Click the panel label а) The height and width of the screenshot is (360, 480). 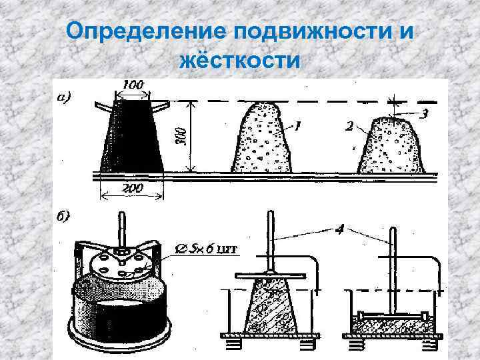(x=65, y=97)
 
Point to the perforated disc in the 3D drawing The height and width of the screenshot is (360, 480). (x=124, y=261)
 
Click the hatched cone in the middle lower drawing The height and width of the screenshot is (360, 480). (x=270, y=306)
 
